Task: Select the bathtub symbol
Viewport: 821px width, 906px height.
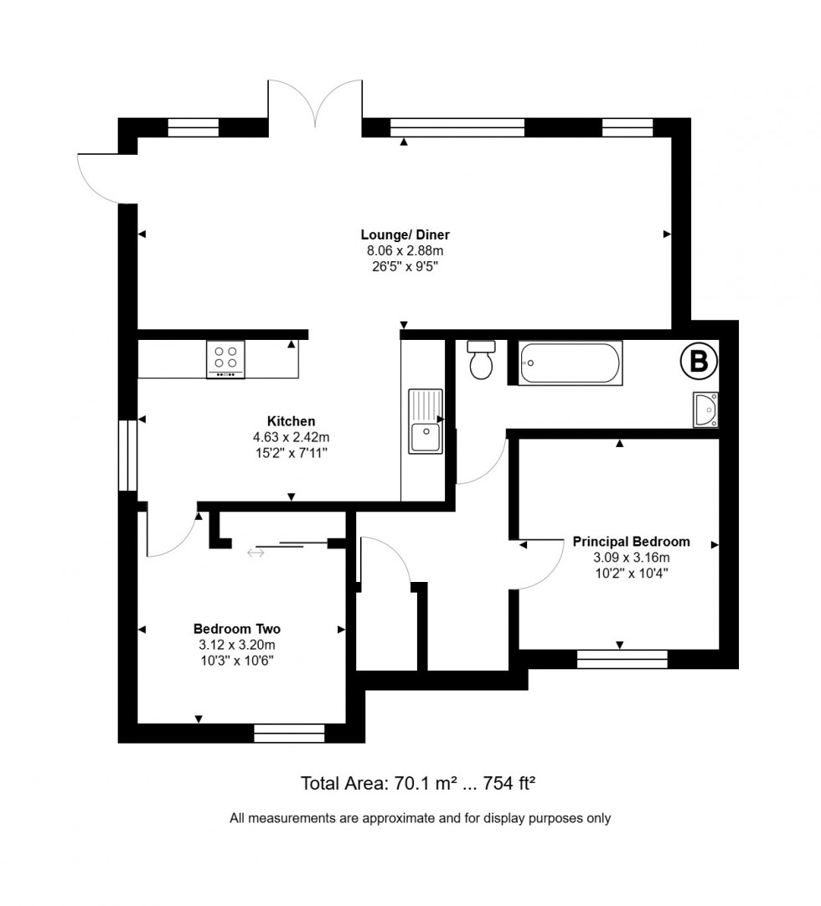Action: tap(570, 363)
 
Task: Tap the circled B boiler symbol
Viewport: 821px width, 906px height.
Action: tap(698, 362)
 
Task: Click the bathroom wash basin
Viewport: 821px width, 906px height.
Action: tap(705, 409)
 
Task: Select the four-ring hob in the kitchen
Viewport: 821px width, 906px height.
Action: tap(225, 359)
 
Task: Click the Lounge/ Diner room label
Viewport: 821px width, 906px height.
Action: tap(400, 234)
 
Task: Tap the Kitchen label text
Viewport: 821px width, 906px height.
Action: tap(291, 421)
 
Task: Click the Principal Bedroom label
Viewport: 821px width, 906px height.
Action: tap(631, 542)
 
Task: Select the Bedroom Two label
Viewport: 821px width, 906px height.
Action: tap(236, 629)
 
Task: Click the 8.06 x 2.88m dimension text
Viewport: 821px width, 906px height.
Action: tap(400, 250)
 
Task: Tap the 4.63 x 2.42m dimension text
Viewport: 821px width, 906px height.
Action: tap(291, 437)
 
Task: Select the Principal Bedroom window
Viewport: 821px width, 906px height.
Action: tap(622, 660)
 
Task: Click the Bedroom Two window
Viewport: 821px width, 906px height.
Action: tap(289, 734)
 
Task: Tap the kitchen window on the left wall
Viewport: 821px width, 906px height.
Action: tap(127, 455)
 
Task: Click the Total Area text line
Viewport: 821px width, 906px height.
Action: tap(417, 784)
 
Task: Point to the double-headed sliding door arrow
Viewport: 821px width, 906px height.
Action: tap(256, 552)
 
